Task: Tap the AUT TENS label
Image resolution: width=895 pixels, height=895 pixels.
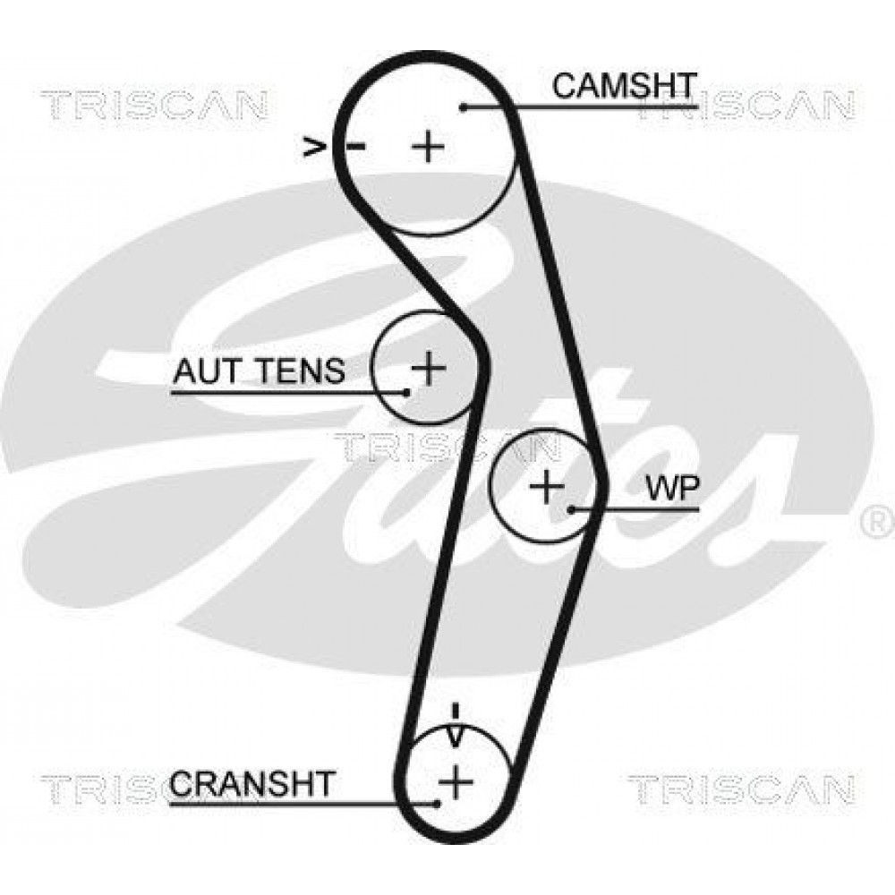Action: pos(260,371)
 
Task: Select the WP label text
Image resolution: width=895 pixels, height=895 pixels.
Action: pos(672,489)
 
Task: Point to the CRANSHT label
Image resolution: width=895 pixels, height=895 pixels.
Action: pos(251,784)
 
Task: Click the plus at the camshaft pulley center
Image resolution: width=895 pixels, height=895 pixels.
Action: pos(429,147)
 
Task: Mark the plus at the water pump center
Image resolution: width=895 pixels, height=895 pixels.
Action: pos(547,487)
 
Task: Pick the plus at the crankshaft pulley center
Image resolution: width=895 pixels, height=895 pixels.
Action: pos(456,782)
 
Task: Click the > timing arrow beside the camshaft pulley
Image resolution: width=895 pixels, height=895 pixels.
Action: pos(314,147)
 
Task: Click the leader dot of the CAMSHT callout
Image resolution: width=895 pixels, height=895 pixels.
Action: pos(464,107)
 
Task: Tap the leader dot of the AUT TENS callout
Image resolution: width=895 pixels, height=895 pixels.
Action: pos(406,392)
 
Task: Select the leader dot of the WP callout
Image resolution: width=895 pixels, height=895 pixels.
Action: pos(571,508)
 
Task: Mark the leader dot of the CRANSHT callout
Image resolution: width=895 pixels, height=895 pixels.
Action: pos(438,804)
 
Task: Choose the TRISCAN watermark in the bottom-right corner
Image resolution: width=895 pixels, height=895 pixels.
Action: pos(741,787)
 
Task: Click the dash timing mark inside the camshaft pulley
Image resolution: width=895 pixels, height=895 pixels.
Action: pos(356,146)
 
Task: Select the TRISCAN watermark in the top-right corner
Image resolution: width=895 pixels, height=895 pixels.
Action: pos(747,105)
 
